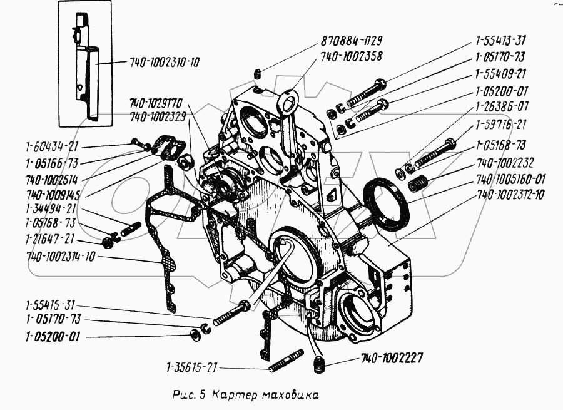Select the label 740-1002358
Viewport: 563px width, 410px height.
click(x=352, y=56)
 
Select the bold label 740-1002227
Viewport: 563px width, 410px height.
click(x=392, y=359)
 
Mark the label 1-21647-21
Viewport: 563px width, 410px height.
click(x=51, y=238)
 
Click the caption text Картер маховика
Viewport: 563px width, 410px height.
click(x=265, y=396)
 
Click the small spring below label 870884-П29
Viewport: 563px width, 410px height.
click(x=258, y=76)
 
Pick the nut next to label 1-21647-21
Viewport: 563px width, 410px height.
click(x=106, y=241)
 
